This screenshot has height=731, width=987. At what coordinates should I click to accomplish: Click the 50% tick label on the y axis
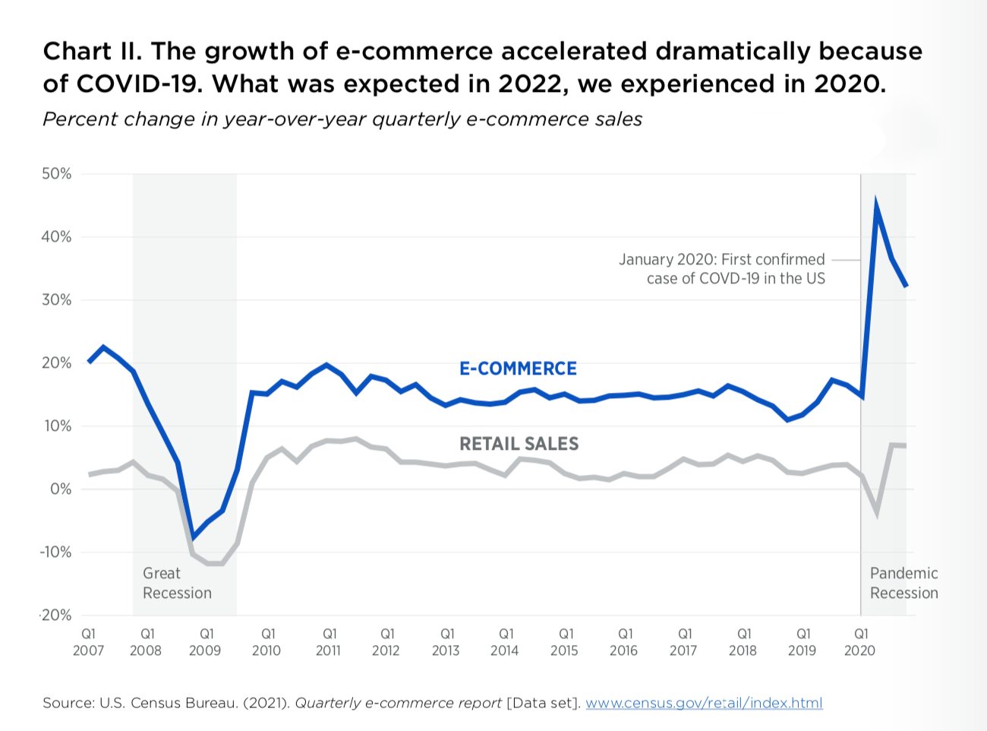57,174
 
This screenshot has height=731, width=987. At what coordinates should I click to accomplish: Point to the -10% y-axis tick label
55,552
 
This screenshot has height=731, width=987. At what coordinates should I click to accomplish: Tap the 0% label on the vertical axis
61,489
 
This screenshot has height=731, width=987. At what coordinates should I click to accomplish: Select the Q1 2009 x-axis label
205,642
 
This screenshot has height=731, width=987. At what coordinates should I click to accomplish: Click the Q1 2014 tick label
505,642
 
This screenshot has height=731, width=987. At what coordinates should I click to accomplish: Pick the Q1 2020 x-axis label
860,642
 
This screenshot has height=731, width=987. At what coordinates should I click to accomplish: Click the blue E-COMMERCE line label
518,369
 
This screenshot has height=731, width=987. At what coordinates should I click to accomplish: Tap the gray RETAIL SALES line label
519,444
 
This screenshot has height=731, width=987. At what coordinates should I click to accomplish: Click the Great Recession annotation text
177,584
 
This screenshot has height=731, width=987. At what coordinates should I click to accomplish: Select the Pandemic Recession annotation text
903,584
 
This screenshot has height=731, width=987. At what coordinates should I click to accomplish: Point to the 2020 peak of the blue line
876,206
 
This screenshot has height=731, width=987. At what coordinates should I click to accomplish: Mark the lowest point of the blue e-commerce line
193,536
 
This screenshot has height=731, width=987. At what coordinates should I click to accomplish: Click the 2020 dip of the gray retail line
877,513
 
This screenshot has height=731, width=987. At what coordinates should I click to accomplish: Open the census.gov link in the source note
704,703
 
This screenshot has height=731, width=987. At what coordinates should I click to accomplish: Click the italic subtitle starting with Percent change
342,119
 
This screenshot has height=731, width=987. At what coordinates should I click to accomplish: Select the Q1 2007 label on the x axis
88,642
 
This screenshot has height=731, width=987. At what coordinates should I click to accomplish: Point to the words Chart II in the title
90,52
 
